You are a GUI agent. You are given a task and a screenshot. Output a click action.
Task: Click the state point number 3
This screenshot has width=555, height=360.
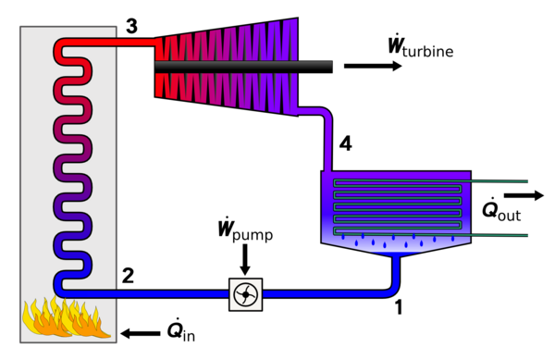coord(131,27)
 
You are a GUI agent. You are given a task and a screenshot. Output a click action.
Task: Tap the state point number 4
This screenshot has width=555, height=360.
coord(345,143)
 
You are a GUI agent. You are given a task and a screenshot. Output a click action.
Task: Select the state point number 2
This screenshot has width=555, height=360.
coord(129,276)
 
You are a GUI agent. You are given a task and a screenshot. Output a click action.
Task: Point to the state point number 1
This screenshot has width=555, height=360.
coord(399,307)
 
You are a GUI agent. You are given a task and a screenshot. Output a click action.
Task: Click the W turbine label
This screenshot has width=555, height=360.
coord(421,45)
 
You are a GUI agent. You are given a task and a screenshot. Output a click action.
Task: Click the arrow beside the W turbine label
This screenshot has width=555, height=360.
coord(373,67)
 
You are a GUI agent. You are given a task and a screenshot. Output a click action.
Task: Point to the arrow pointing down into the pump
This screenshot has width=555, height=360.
coord(245,259)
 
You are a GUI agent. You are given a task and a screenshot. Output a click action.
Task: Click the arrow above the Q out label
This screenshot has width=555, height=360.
coord(524,195)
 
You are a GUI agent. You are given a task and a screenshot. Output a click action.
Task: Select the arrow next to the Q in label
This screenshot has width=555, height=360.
coord(141,333)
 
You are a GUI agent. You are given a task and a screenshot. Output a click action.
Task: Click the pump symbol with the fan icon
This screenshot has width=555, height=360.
coord(246,294)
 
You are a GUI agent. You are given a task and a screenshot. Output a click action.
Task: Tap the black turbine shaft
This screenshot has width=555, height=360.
coord(243,67)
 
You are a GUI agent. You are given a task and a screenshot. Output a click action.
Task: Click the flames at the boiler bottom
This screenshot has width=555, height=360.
coord(67,317)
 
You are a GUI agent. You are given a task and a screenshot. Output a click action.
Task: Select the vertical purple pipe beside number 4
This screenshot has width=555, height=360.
coord(327,142)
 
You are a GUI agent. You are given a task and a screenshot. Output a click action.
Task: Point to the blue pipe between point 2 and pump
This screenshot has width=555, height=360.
coord(145,294)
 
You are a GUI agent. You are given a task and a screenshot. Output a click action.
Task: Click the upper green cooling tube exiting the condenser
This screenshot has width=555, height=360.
coord(495,181)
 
